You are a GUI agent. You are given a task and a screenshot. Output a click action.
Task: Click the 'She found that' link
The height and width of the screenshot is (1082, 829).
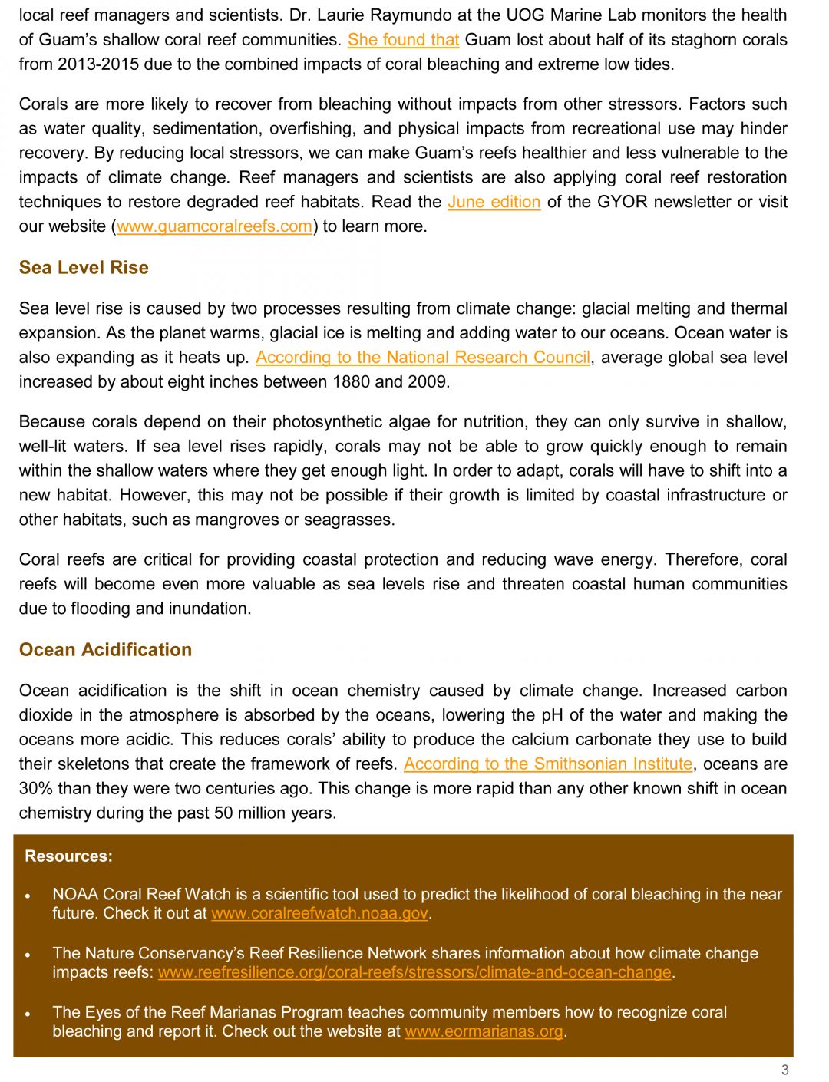click(x=403, y=40)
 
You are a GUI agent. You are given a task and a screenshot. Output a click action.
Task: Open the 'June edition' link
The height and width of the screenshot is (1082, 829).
click(x=494, y=202)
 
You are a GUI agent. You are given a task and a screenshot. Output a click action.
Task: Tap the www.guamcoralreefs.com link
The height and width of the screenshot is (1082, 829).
click(x=214, y=226)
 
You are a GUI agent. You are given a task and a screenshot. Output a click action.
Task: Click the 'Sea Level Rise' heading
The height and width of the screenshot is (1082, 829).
click(x=84, y=268)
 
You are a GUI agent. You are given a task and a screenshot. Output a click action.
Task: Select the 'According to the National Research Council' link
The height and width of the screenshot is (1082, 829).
click(x=423, y=358)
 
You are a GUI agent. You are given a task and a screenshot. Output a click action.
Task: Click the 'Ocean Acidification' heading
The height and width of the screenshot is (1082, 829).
click(x=105, y=650)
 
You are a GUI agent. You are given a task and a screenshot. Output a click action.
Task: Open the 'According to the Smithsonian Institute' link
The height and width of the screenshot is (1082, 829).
click(x=548, y=764)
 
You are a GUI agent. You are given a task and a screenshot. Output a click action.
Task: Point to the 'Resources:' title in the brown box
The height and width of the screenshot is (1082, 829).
click(x=68, y=856)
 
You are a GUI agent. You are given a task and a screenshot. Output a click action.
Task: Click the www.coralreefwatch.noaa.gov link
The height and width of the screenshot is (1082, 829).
click(x=319, y=914)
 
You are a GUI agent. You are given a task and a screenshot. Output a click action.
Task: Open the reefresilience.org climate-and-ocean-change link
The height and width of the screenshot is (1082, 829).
click(x=414, y=972)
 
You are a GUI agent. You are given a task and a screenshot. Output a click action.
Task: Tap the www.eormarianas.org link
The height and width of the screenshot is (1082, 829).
click(x=484, y=1031)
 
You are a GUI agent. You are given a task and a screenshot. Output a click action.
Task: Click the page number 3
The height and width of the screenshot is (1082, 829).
click(x=784, y=1070)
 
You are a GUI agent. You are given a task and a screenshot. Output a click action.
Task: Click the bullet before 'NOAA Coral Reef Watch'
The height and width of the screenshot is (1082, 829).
click(x=28, y=896)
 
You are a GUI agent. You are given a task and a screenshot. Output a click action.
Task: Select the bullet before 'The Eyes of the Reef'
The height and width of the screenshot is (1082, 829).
click(x=28, y=1014)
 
